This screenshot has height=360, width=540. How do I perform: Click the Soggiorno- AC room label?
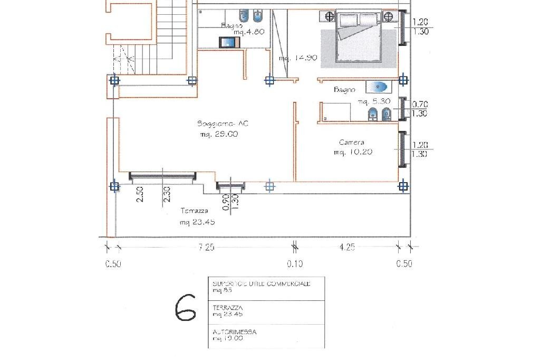point(223,124)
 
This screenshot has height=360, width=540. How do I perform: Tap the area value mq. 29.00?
point(219,134)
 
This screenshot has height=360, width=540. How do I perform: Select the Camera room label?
point(351,143)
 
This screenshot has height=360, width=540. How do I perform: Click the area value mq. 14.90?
point(298,58)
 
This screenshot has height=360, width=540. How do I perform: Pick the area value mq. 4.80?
point(248,32)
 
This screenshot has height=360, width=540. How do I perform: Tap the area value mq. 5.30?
point(374,101)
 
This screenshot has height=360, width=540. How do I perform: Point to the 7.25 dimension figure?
point(206,247)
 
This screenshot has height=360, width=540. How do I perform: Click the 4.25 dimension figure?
point(346,247)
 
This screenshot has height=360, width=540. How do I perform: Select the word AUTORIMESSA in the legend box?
point(235,332)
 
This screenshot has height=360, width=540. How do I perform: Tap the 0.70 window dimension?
point(420,105)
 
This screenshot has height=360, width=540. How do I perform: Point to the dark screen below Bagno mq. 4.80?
point(228,42)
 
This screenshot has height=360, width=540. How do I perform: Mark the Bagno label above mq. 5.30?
point(344,90)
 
